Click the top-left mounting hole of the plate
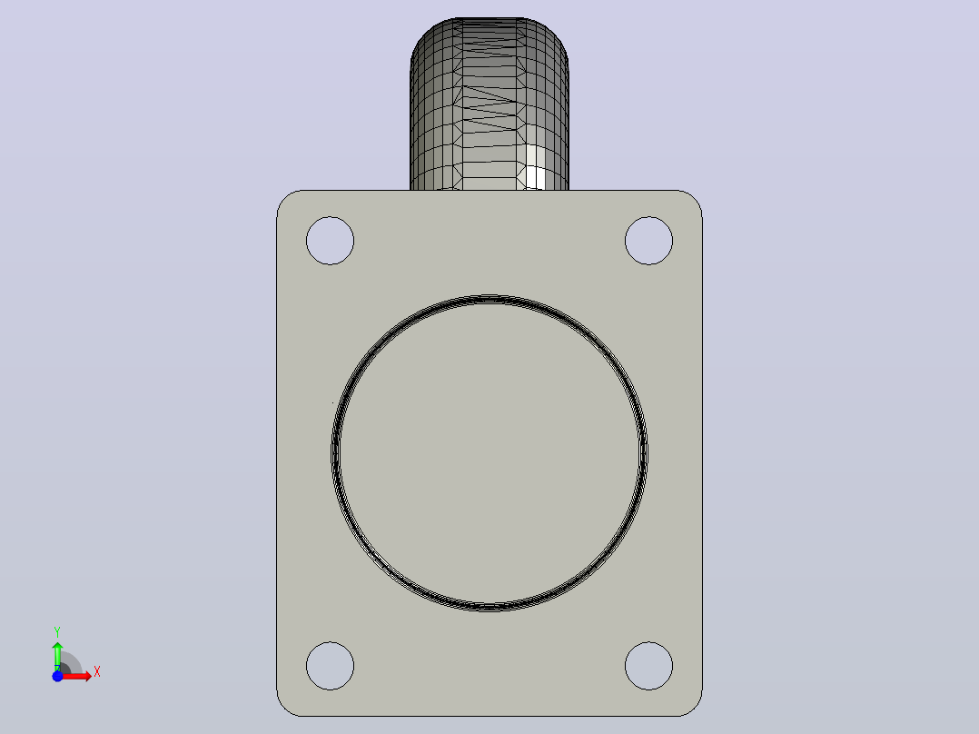click(x=331, y=241)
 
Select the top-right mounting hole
click(x=648, y=241)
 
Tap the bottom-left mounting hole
click(x=331, y=666)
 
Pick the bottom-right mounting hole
click(x=648, y=666)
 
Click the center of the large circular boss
click(x=489, y=453)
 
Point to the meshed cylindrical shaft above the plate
click(x=489, y=104)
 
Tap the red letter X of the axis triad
click(x=97, y=672)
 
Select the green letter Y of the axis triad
click(x=57, y=631)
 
